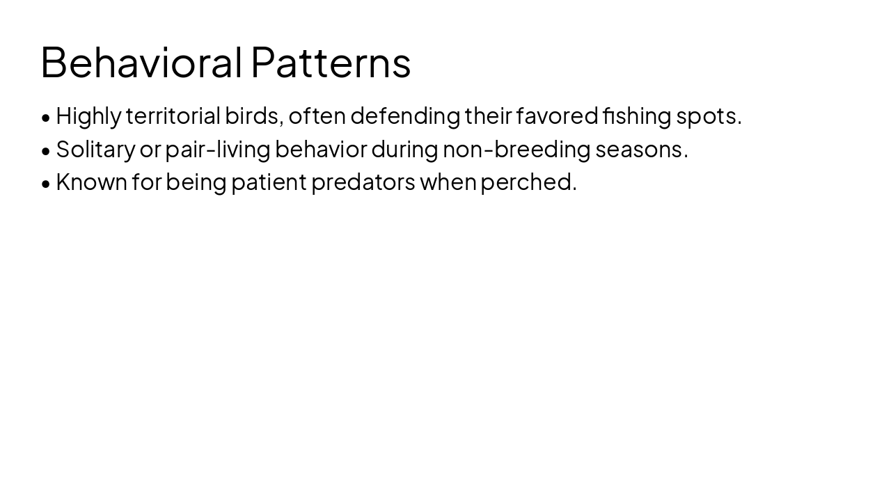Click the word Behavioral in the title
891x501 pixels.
pyautogui.click(x=141, y=62)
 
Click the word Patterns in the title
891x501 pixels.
pyautogui.click(x=331, y=62)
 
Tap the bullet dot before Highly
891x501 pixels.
pyautogui.click(x=46, y=118)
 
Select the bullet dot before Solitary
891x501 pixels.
pyautogui.click(x=46, y=150)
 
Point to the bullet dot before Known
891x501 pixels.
pyautogui.click(x=46, y=183)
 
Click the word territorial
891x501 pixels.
pyautogui.click(x=173, y=116)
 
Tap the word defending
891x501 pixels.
pyautogui.click(x=405, y=116)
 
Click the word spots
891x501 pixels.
pyautogui.click(x=709, y=116)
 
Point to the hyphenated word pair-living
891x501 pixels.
pyautogui.click(x=217, y=149)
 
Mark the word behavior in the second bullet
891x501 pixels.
pyautogui.click(x=320, y=149)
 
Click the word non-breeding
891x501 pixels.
pyautogui.click(x=517, y=149)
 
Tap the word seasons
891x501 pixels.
pyautogui.click(x=641, y=149)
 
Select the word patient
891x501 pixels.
pyautogui.click(x=269, y=182)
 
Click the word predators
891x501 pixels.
pyautogui.click(x=363, y=182)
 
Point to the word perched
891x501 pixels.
pyautogui.click(x=528, y=182)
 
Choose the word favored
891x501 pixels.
pyautogui.click(x=557, y=116)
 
